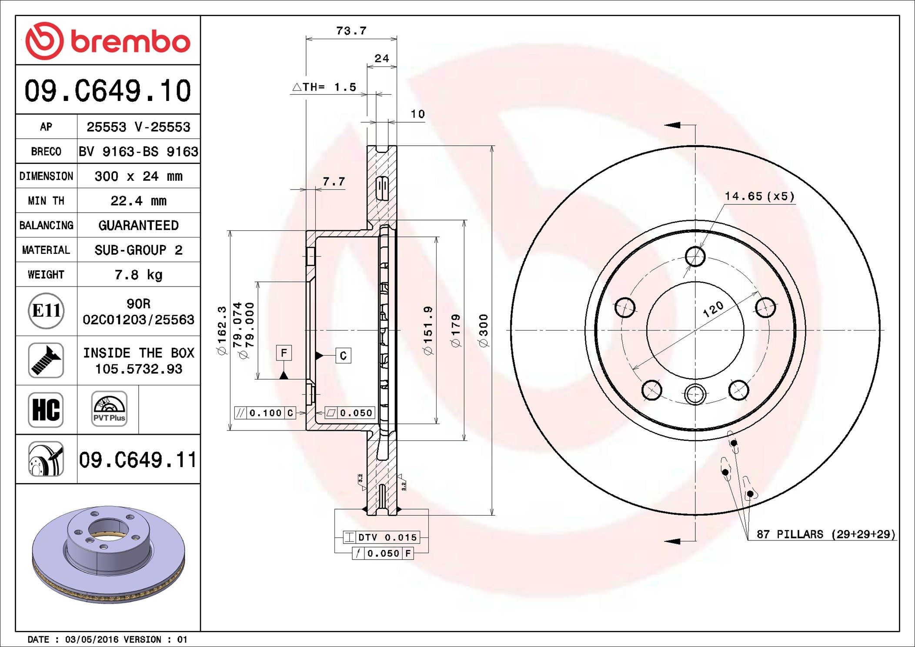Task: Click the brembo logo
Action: tap(107, 41)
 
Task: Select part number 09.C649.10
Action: tap(107, 90)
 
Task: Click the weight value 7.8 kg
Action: tap(138, 274)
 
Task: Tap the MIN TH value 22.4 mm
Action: tap(138, 200)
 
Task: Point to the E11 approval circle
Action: tap(46, 310)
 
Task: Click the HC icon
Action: tap(46, 409)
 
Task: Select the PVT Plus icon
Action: tap(109, 409)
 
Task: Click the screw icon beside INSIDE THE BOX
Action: tap(46, 360)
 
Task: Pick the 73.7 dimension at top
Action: tap(351, 31)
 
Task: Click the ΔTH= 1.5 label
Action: tap(324, 87)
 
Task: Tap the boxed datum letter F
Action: tap(284, 353)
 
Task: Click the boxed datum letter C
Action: tap(343, 356)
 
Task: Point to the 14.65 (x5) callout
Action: tap(759, 196)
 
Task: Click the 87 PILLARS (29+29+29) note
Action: tap(826, 534)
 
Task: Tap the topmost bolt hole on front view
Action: tap(695, 256)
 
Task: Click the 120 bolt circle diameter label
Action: tap(713, 309)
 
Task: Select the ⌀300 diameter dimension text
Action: tap(484, 330)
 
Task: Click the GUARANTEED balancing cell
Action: tap(138, 225)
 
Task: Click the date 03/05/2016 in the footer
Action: tap(91, 639)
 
